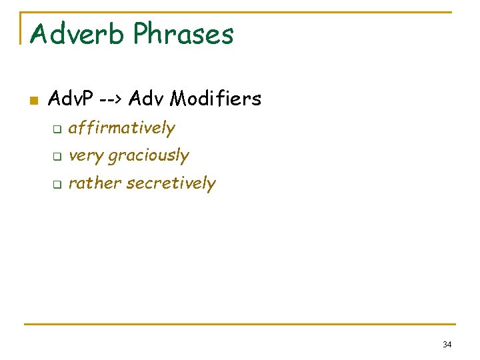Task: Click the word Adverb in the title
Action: point(77,33)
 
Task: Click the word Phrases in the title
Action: point(183,33)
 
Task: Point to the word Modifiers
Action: point(215,99)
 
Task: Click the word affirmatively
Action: point(121,127)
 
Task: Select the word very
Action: point(86,156)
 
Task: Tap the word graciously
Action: point(149,156)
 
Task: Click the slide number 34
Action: point(447,345)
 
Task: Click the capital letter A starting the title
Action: point(38,33)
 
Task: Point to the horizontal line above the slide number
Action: point(240,325)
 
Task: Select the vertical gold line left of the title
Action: point(21,27)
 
